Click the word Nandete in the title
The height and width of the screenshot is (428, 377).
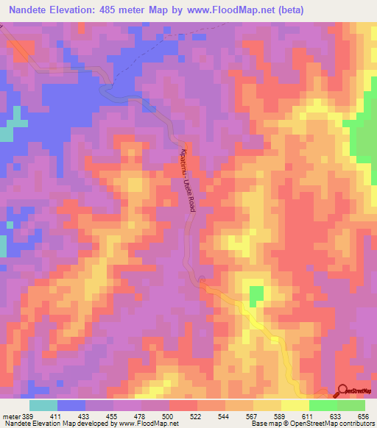tap(33, 11)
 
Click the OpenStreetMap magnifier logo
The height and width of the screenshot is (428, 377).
tap(343, 390)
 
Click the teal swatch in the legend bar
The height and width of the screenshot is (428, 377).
tap(43, 405)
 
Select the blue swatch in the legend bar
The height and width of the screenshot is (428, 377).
tap(71, 405)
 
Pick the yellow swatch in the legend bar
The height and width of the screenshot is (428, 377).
tap(267, 405)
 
